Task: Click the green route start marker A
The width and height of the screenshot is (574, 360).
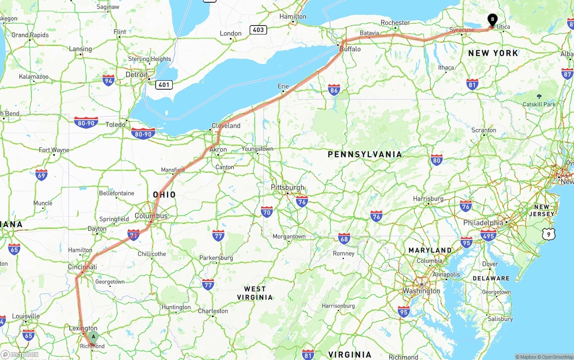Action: (93, 337)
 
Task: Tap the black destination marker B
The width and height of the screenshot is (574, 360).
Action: (492, 19)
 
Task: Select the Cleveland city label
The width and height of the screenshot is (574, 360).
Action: (226, 126)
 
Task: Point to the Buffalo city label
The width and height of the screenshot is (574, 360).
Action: (350, 49)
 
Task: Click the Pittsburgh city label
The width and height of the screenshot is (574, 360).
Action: (287, 187)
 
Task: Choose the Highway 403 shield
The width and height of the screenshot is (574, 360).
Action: (259, 30)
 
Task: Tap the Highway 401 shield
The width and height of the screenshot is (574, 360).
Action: (164, 84)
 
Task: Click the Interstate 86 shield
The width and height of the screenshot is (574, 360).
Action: (334, 90)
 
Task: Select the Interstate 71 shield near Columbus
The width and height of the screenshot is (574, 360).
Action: (134, 234)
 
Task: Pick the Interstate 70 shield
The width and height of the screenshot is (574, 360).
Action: (267, 212)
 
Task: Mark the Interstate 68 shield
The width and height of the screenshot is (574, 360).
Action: (344, 239)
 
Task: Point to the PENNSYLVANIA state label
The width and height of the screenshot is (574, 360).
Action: (365, 154)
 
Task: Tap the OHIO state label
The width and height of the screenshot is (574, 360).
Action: (164, 195)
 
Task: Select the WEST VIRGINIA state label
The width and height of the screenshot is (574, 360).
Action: (255, 293)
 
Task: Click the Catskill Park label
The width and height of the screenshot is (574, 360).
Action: (539, 104)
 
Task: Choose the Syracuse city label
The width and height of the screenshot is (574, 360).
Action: (461, 30)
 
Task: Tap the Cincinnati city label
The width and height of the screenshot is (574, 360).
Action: (83, 267)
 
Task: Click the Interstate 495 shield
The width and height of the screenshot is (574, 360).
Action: (488, 235)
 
